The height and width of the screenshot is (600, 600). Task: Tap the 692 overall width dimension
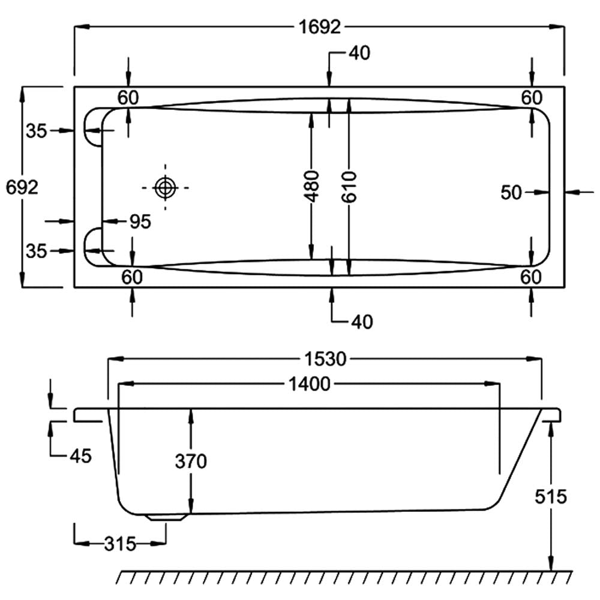[22, 188]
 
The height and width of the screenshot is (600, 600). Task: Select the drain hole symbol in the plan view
[165, 188]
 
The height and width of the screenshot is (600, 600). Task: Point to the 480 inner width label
[311, 187]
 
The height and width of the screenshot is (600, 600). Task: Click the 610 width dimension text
[350, 187]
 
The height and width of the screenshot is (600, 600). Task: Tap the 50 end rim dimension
[511, 193]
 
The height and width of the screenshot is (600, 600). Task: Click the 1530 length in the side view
[324, 359]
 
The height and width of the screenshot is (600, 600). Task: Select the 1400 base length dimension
[309, 384]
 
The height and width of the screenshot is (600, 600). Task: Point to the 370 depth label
[191, 461]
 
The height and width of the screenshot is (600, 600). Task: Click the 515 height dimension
[550, 497]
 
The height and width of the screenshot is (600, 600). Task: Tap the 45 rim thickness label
[79, 456]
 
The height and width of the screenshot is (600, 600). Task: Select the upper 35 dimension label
[36, 130]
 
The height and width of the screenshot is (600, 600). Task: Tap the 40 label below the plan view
[361, 322]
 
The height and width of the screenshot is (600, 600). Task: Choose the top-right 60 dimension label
[532, 97]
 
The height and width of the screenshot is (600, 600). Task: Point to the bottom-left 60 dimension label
[131, 277]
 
